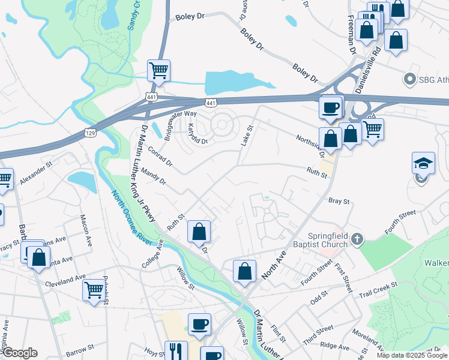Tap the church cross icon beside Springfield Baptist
[357, 239]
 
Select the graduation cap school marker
[423, 163]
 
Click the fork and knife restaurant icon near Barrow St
[175, 350]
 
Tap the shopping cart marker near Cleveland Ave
[94, 290]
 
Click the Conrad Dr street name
[160, 158]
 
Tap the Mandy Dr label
[153, 177]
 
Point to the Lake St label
[248, 136]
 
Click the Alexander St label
[36, 172]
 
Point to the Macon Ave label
[86, 226]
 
